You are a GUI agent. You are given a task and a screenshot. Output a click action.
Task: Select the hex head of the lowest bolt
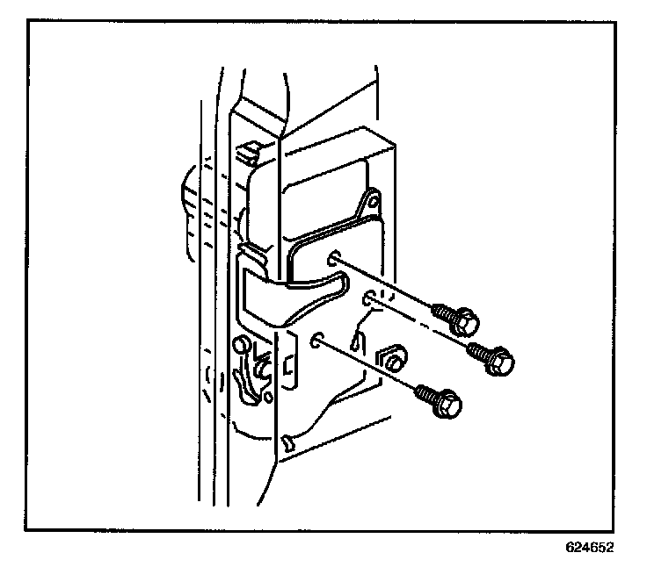click(x=447, y=403)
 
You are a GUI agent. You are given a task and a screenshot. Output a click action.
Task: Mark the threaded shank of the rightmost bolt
click(x=478, y=349)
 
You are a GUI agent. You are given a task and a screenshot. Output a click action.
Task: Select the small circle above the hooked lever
click(x=239, y=345)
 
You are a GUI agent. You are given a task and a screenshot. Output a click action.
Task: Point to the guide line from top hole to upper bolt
click(x=387, y=283)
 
